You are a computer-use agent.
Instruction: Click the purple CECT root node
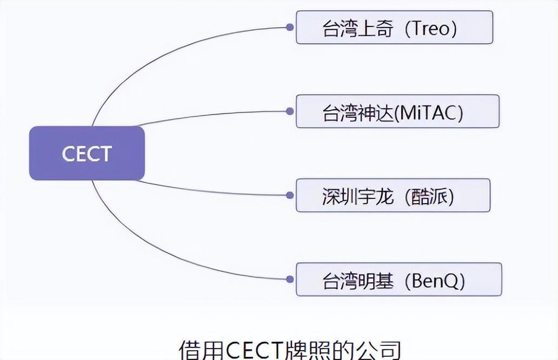tap(87, 154)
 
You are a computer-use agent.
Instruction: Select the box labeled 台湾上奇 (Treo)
tap(394, 28)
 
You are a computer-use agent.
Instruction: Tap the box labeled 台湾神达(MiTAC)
tap(397, 111)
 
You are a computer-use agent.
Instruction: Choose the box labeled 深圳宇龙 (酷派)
tap(393, 196)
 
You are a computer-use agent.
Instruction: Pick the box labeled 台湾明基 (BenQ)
tap(398, 279)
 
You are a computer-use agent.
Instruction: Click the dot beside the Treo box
tap(290, 27)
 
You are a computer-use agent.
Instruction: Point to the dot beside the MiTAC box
tap(290, 111)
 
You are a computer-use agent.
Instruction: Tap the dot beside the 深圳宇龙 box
tap(290, 195)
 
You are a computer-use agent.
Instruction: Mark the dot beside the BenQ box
tap(290, 279)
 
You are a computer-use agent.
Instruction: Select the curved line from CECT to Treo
tap(162, 54)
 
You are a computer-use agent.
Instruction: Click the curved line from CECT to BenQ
tap(162, 252)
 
